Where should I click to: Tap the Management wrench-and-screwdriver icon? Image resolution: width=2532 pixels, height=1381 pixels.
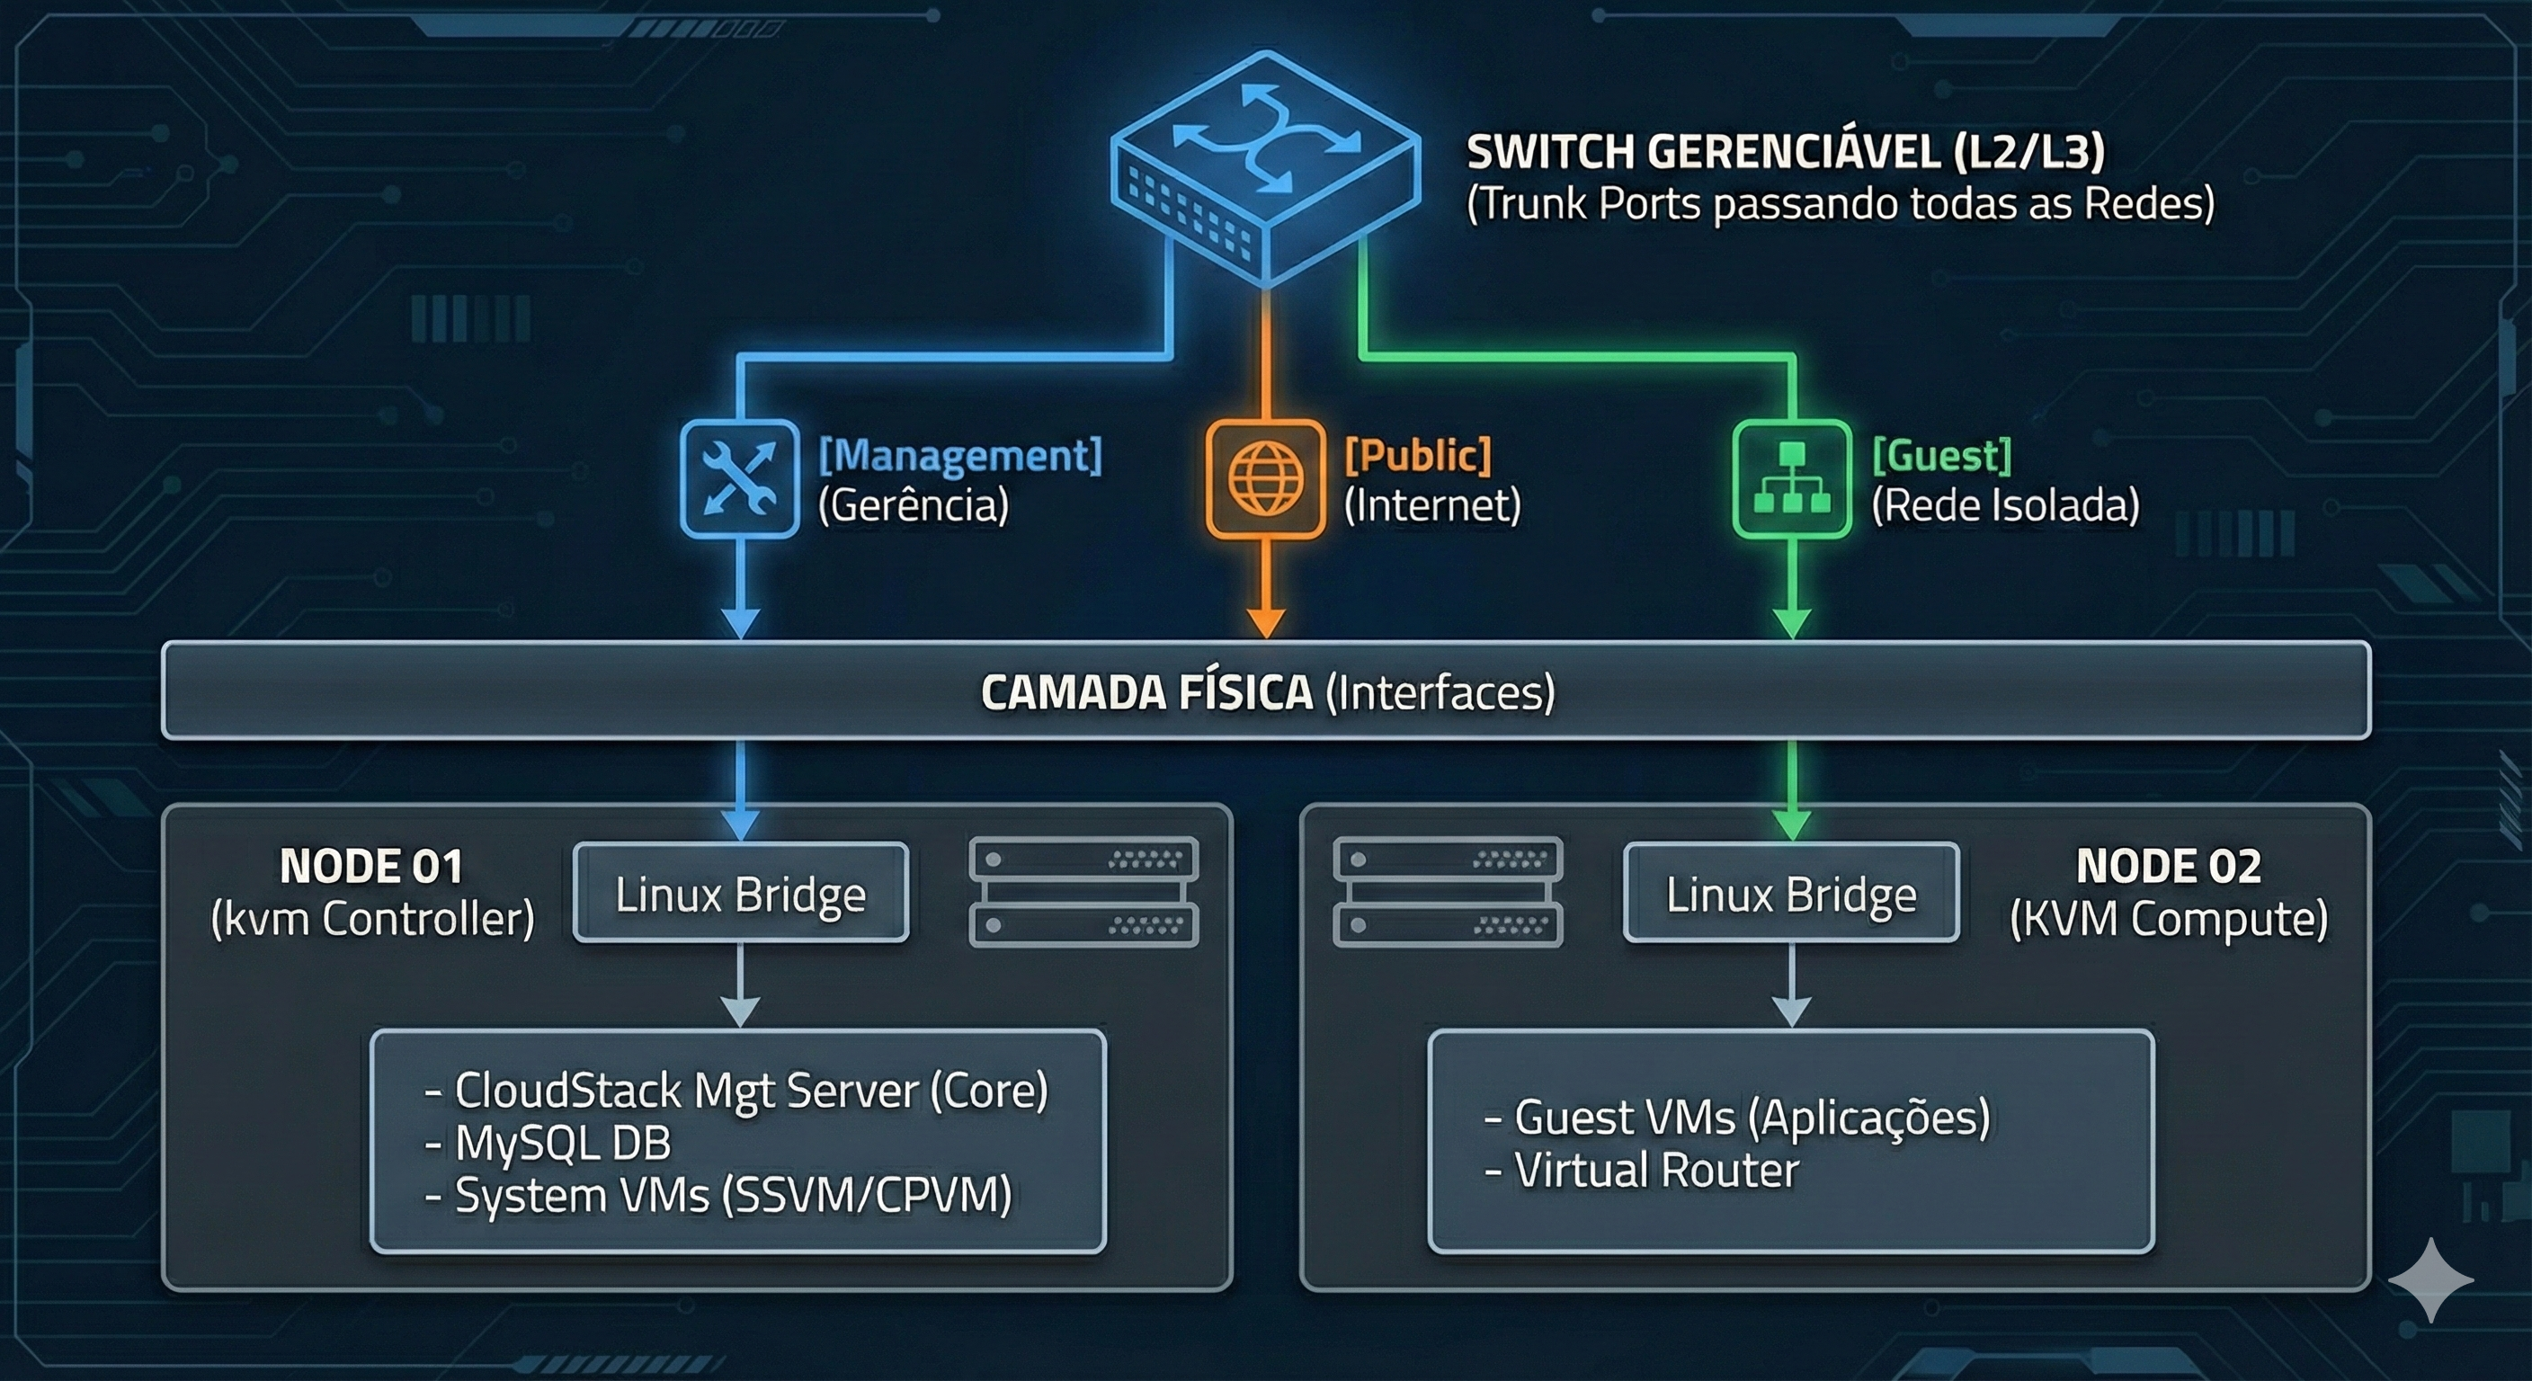(x=739, y=478)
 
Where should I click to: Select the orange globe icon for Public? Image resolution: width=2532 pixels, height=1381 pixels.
(x=1265, y=478)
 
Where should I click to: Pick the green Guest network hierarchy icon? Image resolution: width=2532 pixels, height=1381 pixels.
(x=1791, y=478)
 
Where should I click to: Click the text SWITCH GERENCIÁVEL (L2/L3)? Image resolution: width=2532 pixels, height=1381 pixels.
(x=1785, y=152)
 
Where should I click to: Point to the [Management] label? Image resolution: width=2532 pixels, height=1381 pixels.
(x=960, y=455)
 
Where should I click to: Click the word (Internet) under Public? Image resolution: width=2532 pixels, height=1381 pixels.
(x=1432, y=505)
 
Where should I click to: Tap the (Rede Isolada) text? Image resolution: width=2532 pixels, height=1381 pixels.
(x=2005, y=505)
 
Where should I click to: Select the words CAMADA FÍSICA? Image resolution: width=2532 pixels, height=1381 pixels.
(x=1146, y=692)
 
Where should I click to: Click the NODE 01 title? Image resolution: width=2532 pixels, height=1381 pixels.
(x=371, y=866)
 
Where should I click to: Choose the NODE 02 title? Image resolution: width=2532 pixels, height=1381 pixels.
(x=2169, y=866)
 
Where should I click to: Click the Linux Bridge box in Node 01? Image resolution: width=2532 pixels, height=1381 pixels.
(x=740, y=893)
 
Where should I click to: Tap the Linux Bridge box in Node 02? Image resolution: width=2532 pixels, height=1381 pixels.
(x=1791, y=893)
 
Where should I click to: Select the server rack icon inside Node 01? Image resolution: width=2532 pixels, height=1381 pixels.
(x=1083, y=892)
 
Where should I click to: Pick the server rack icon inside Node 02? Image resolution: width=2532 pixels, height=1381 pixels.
(x=1448, y=892)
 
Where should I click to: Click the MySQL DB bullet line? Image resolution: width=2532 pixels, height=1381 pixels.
(x=548, y=1143)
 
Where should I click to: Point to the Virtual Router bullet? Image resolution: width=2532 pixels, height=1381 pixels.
(x=1642, y=1171)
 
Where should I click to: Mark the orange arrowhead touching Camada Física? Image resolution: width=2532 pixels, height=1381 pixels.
(x=1266, y=623)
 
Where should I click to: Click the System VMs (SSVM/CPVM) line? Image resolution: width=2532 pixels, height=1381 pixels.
(x=718, y=1196)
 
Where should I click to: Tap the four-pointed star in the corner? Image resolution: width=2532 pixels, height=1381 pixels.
(x=2430, y=1279)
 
